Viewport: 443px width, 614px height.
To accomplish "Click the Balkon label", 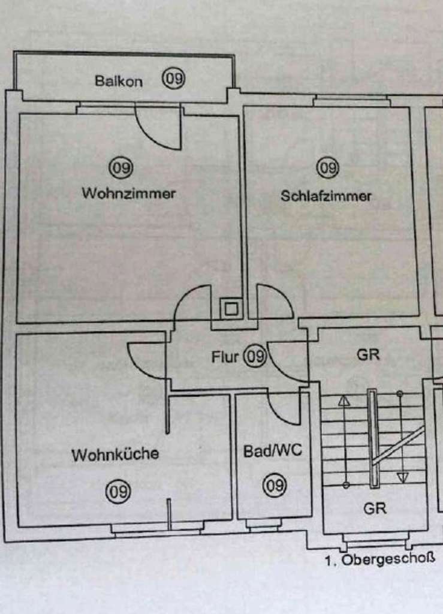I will point(119,82).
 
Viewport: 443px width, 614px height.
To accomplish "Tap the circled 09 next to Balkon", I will point(173,79).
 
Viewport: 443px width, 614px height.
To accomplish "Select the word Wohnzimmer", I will point(129,194).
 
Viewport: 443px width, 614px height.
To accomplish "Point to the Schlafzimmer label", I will point(326,196).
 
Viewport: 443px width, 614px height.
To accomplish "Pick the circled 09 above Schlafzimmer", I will point(328,168).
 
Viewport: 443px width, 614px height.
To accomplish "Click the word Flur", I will point(225,357).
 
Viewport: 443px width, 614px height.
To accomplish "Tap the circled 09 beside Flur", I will point(255,357).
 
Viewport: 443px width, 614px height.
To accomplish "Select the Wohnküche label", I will point(116,455).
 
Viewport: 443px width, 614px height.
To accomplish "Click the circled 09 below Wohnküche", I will point(117,492).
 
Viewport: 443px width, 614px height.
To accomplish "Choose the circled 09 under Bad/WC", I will point(275,484).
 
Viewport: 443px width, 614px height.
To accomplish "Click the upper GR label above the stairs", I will point(368,355).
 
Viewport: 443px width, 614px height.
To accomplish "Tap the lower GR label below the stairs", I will point(375,508).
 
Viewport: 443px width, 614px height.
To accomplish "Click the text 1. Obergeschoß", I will point(379,562).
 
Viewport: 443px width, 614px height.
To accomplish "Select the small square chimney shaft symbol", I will point(230,309).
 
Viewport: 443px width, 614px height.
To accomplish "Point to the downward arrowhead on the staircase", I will point(402,477).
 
